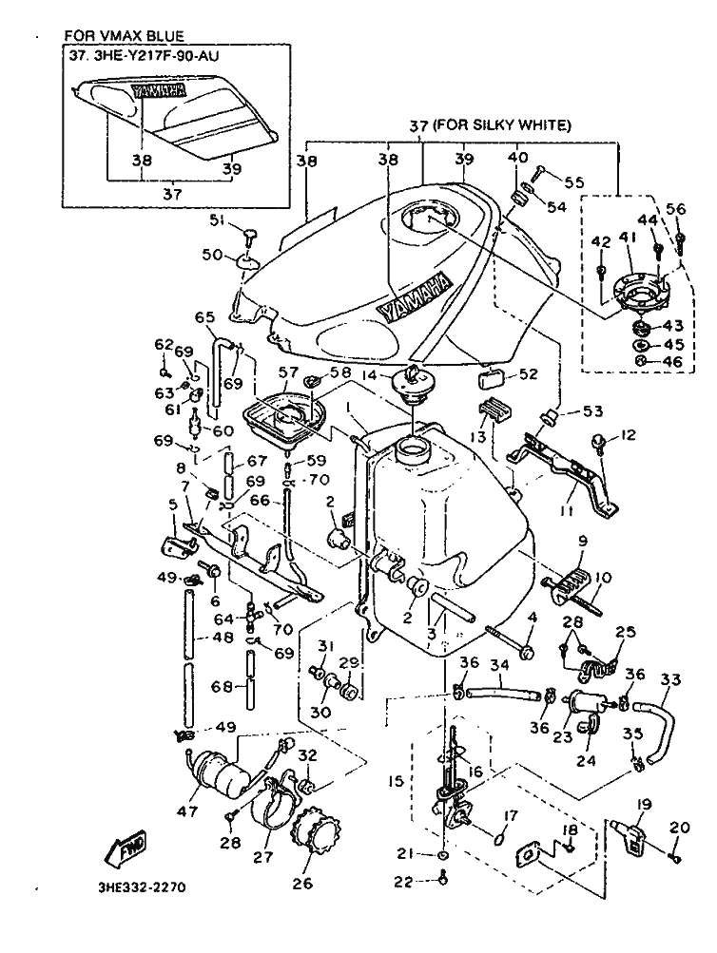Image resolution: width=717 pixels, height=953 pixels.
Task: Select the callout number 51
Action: [217, 220]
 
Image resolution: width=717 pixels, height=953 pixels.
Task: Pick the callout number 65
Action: [204, 318]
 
